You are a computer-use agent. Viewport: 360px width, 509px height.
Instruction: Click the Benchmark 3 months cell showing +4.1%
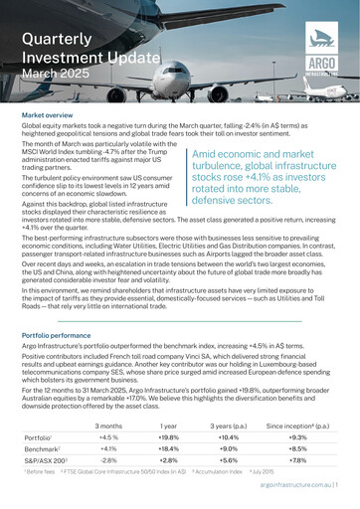109,449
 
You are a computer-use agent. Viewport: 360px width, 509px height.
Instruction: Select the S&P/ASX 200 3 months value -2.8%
109,461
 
